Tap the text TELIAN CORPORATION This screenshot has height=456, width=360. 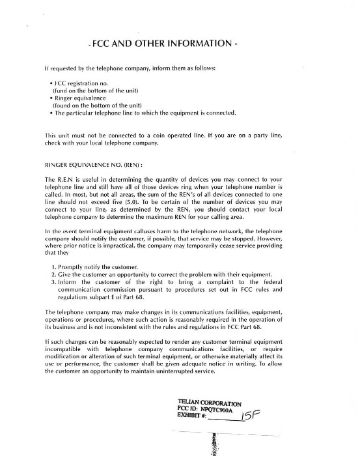pyautogui.click(x=209, y=402)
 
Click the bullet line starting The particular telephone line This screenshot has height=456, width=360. pyautogui.click(x=146, y=113)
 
